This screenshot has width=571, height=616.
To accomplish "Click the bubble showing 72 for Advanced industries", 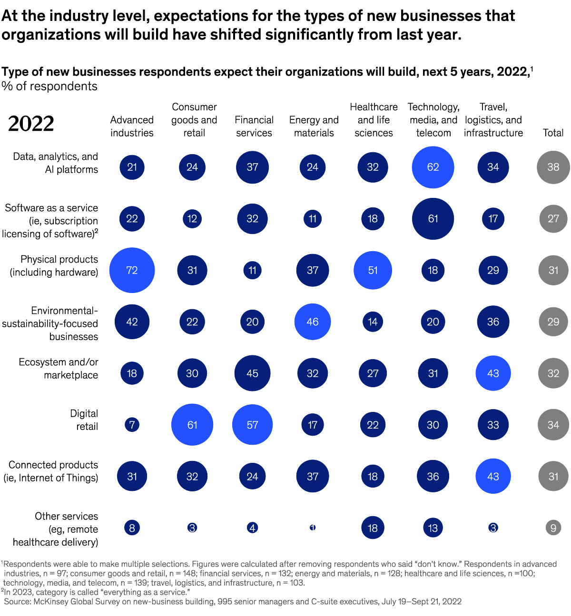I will click(132, 270).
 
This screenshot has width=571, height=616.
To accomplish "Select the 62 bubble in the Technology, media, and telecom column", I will click(433, 167).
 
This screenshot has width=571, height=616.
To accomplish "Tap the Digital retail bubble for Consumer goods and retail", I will click(192, 425).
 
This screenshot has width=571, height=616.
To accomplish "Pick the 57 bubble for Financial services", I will click(252, 425).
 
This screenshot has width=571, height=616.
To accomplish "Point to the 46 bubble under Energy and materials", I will click(313, 322).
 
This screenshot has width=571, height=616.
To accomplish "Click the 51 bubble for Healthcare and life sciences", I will click(373, 270).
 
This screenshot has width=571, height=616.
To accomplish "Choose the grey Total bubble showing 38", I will click(553, 167).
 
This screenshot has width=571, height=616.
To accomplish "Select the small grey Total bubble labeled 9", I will click(553, 528).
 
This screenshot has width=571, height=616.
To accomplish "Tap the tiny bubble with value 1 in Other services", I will click(313, 528).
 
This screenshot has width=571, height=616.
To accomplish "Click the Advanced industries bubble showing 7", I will click(132, 425).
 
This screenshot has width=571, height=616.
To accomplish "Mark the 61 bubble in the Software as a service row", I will click(433, 219).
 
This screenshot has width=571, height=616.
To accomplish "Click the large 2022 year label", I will click(31, 124).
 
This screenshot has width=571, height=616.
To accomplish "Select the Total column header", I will click(553, 133).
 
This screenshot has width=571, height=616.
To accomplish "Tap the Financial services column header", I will click(254, 127).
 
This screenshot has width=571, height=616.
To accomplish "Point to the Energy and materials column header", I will click(314, 127).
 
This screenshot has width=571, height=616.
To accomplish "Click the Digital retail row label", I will click(84, 420).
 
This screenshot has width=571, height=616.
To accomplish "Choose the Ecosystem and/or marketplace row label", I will click(59, 369).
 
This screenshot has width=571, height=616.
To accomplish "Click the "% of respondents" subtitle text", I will click(49, 86).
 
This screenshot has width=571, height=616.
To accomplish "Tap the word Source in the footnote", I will click(17, 602).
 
